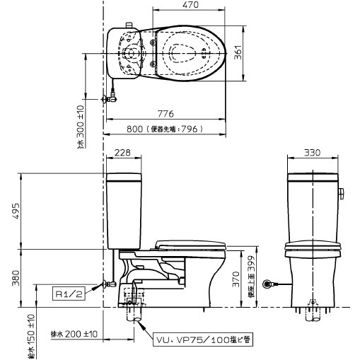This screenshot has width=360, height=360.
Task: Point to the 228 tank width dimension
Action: pos(122,151)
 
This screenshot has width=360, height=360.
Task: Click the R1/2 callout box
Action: pos(69,290)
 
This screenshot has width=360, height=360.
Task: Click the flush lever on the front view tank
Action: pos(342,193)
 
